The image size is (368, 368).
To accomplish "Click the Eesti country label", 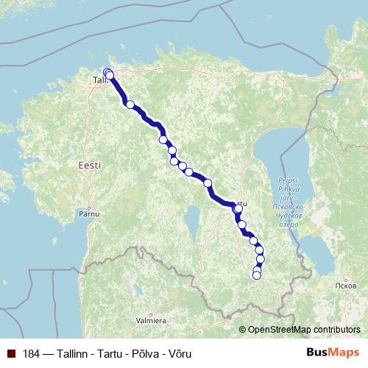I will coord(88,167).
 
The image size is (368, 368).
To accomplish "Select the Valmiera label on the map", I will coord(151,321).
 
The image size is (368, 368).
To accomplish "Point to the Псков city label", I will coord(344,285).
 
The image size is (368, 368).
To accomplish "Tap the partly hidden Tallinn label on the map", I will coord(99,79).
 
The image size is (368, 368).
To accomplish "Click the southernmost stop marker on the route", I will coord(256,276).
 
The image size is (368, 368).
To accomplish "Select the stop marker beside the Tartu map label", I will coord(238,209).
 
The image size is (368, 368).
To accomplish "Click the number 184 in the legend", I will coord(32,354).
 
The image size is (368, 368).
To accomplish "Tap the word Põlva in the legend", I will coord(145,354).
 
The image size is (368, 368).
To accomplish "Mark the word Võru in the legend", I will coord(180,354).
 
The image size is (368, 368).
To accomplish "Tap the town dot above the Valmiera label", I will coord(151,313).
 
